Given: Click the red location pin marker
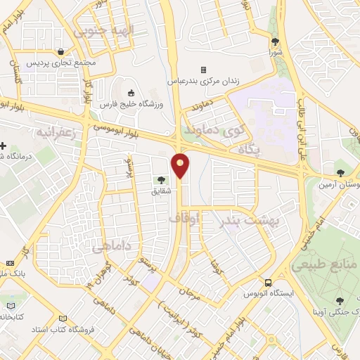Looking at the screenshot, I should click(x=181, y=166).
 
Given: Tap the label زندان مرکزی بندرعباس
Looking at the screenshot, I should click(x=203, y=81).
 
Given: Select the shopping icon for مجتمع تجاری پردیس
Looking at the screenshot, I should click(x=63, y=51).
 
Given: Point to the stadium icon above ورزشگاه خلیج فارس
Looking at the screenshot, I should click(x=131, y=93).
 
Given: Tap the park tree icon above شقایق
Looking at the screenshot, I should click(x=163, y=180).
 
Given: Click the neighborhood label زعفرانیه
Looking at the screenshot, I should click(x=55, y=131).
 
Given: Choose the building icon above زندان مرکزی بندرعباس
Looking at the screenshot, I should click(x=203, y=70).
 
